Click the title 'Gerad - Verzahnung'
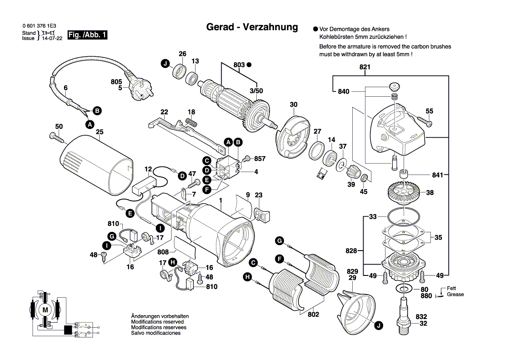click(x=252, y=27)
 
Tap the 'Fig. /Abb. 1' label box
click(x=88, y=35)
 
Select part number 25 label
click(x=99, y=132)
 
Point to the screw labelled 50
click(x=57, y=138)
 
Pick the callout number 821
click(x=364, y=67)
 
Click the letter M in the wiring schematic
click(x=45, y=309)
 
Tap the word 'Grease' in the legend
click(x=455, y=294)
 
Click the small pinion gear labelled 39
click(x=352, y=174)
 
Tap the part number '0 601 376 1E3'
click(x=39, y=27)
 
